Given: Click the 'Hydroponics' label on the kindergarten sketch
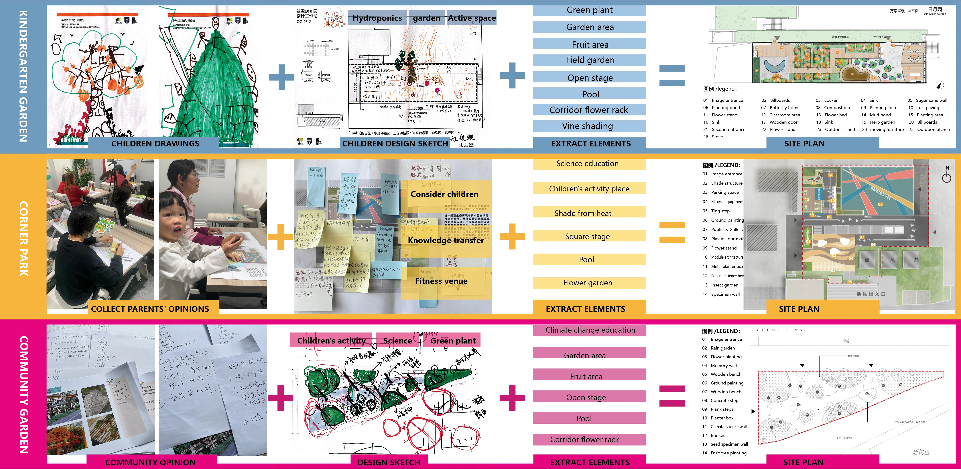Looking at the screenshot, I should [x=377, y=18].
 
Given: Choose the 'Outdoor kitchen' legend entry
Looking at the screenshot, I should [x=933, y=129].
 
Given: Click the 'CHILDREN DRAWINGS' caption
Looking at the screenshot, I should [x=155, y=143].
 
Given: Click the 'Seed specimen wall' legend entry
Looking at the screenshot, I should [x=729, y=444].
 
